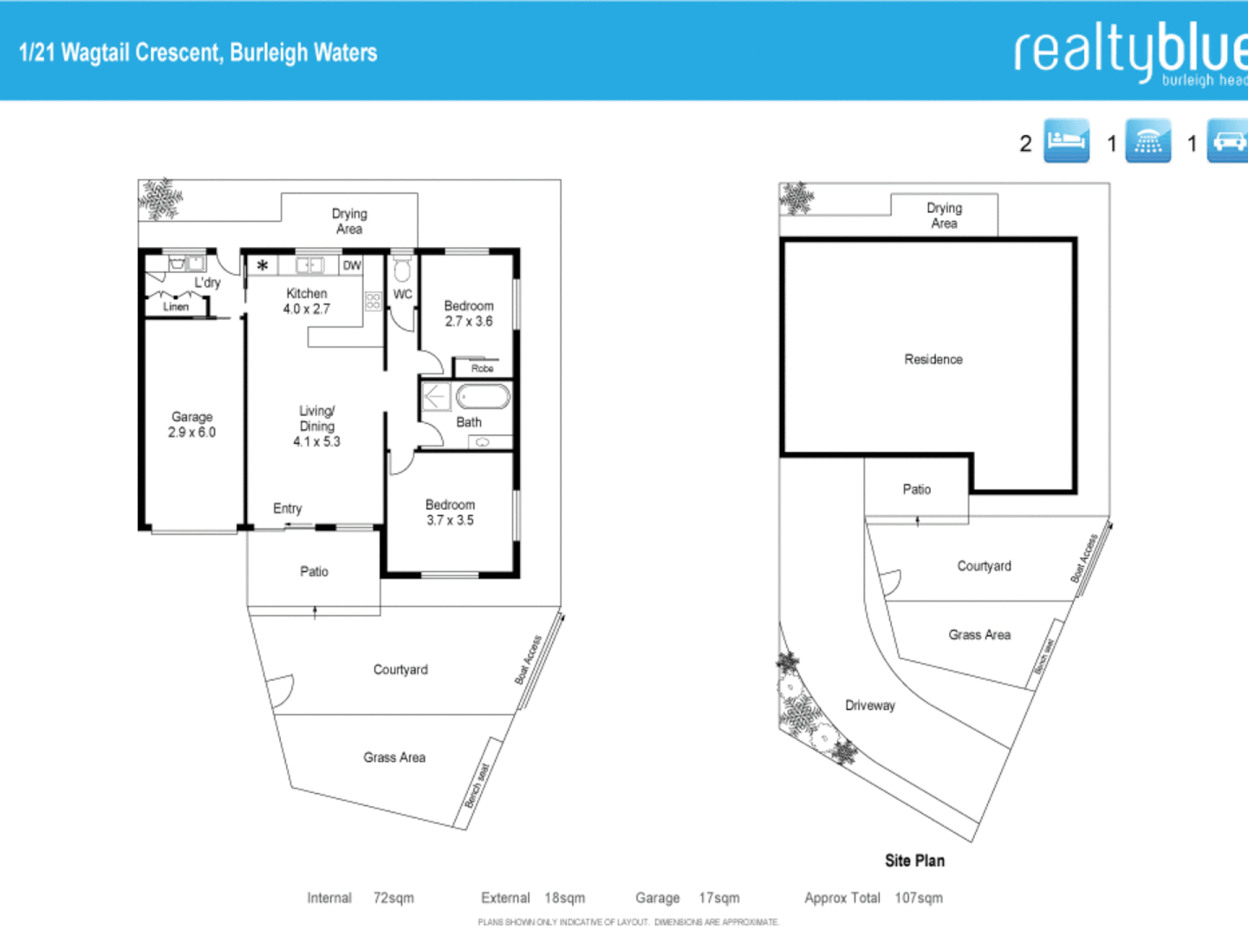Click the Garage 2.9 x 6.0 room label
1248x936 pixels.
coord(192,425)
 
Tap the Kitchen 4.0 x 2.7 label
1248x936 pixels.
coord(307,301)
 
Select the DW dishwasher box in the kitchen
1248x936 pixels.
coord(352,265)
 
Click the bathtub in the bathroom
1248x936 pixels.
coord(483,397)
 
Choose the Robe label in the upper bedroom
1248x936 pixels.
coord(482,368)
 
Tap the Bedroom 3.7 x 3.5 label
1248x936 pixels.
coord(450,512)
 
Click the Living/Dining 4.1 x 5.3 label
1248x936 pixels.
coord(316,426)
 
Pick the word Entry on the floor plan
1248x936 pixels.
coord(288,509)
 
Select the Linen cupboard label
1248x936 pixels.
coord(176,307)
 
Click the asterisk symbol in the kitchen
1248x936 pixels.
coord(263,265)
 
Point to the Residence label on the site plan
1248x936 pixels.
coord(933,360)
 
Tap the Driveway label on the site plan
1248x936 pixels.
coord(870,705)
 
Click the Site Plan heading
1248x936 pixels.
coord(914,861)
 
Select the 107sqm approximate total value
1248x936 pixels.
coord(919,898)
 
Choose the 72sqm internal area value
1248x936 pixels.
coord(393,898)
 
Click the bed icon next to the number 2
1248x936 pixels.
coord(1066,140)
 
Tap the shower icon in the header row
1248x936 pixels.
coord(1147,140)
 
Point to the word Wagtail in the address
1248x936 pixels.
coord(95,53)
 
